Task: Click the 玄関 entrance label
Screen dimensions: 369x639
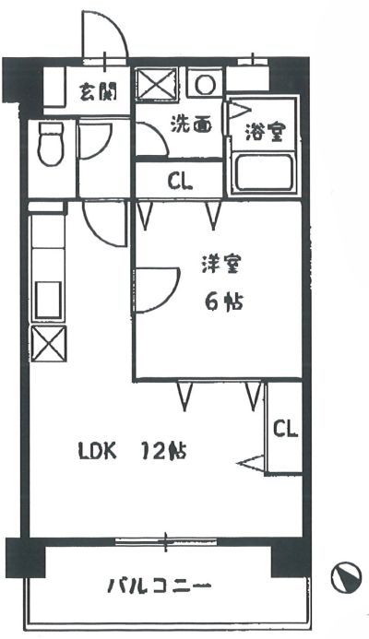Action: pos(99,91)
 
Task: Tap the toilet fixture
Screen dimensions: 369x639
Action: pos(51,144)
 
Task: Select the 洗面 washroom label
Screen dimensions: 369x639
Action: pos(191,124)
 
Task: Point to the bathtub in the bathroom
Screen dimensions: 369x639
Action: pos(264,172)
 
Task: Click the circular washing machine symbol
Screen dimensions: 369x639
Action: pos(205,84)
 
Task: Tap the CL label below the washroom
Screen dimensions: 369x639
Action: pos(180,182)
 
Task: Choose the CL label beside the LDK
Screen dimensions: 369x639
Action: pos(285,429)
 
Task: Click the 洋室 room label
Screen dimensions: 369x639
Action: pos(221,264)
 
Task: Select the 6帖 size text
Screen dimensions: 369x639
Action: pos(224,302)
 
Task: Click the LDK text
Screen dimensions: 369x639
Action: pos(98,452)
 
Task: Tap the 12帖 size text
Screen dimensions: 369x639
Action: pos(163,451)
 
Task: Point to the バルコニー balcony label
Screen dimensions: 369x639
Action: pos(160,586)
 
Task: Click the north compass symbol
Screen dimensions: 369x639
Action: pos(346,577)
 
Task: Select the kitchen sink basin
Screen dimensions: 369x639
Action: pos(49,301)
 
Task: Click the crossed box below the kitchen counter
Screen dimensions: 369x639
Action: pos(49,343)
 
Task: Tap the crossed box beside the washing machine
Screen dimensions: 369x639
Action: pos(157,84)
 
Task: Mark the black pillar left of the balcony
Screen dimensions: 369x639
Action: pos(25,558)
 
